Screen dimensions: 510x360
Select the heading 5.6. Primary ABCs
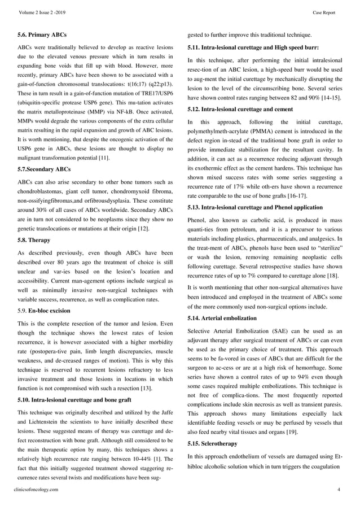pos(42,35)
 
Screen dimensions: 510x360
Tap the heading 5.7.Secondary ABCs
pos(45,168)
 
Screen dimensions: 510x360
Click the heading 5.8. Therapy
pos(35,239)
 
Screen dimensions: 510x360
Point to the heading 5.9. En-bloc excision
pos(45,310)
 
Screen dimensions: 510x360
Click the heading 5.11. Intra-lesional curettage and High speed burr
pos(253,47)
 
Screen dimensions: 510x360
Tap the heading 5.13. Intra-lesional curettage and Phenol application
pos(255,207)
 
